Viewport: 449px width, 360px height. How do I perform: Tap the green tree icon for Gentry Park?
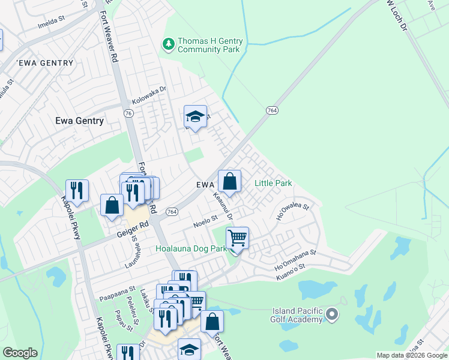pos(169,43)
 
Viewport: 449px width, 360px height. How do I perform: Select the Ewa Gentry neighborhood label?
pos(79,121)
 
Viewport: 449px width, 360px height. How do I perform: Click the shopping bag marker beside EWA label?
pos(229,181)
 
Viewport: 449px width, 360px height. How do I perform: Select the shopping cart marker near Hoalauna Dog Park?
pos(238,238)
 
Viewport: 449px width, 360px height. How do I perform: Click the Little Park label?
pos(273,183)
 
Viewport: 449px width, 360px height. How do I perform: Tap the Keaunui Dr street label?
pos(223,202)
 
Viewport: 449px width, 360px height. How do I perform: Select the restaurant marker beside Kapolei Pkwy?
pos(77,191)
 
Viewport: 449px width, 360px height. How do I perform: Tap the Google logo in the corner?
pos(20,353)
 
